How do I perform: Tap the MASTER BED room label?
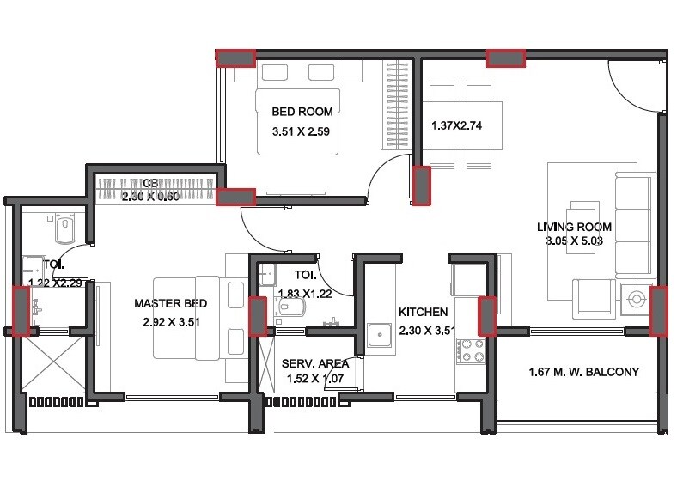tap(169, 303)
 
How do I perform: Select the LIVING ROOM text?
tap(574, 227)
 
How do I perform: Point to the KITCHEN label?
tap(423, 312)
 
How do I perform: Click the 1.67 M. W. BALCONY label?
tap(584, 372)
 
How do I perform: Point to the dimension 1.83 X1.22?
tap(305, 294)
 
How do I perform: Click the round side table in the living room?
tap(637, 299)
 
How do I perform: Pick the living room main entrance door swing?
tap(631, 86)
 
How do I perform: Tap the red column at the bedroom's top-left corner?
tap(235, 58)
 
